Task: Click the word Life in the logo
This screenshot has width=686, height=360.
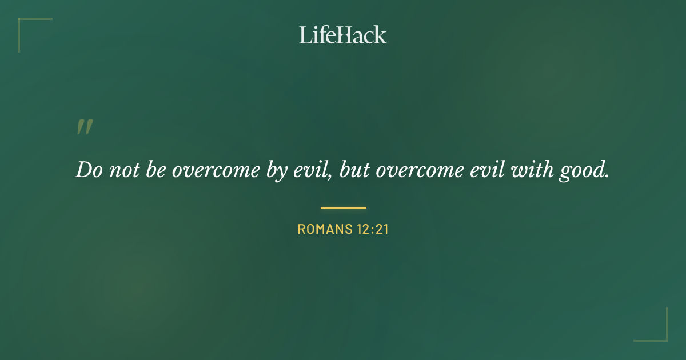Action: pyautogui.click(x=317, y=35)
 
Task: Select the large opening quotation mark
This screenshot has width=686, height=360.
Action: pyautogui.click(x=85, y=127)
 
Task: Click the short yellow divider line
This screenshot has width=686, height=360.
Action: pyautogui.click(x=343, y=207)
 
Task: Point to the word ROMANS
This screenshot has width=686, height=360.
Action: pyautogui.click(x=322, y=230)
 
